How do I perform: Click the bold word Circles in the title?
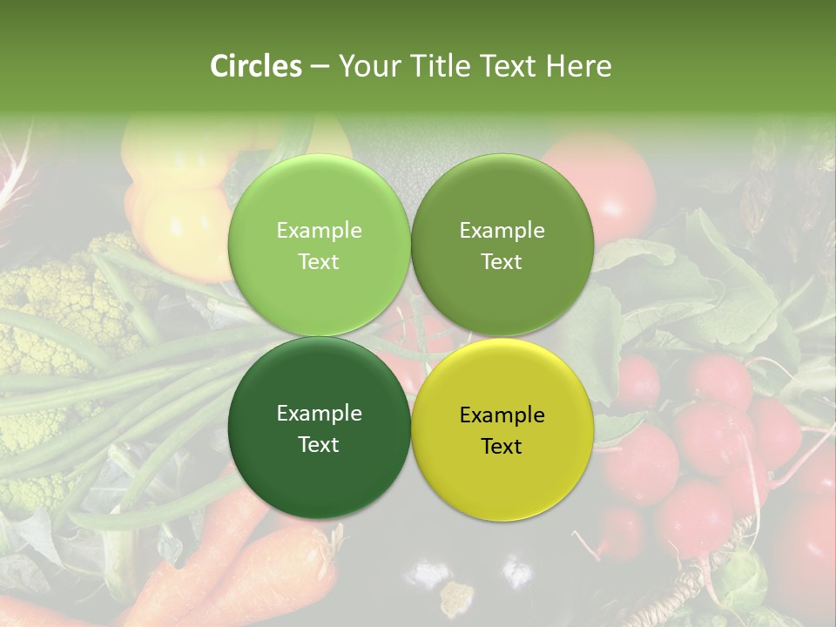pyautogui.click(x=255, y=66)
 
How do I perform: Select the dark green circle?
pyautogui.click(x=319, y=475)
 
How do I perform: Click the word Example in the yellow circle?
pyautogui.click(x=502, y=415)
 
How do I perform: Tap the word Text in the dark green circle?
pyautogui.click(x=319, y=445)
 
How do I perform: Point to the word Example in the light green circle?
pyautogui.click(x=319, y=231)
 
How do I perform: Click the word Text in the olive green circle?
pyautogui.click(x=502, y=262)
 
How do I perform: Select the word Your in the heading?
pyautogui.click(x=367, y=66)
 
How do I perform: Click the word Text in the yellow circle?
pyautogui.click(x=502, y=447)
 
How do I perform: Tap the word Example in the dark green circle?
pyautogui.click(x=319, y=414)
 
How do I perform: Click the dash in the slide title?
pyautogui.click(x=320, y=66)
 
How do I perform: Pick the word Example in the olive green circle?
pyautogui.click(x=502, y=231)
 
